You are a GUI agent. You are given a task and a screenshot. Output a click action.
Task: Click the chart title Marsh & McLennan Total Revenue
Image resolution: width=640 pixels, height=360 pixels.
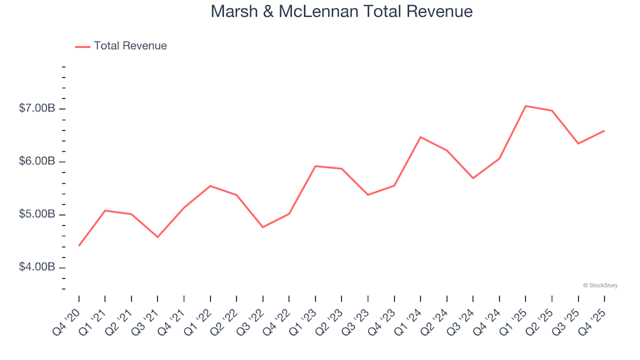pyautogui.click(x=341, y=11)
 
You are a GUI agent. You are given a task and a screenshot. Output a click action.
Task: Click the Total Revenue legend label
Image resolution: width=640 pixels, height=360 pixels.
pyautogui.click(x=130, y=46)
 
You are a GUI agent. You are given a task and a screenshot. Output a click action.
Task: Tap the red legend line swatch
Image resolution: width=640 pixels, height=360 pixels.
pyautogui.click(x=83, y=47)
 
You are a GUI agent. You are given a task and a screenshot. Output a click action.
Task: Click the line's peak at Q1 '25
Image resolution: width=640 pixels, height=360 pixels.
pyautogui.click(x=526, y=106)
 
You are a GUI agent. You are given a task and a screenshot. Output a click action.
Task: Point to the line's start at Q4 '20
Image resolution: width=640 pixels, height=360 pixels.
pyautogui.click(x=79, y=245)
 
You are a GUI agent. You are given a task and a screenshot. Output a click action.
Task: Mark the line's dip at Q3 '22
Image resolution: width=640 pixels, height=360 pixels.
pyautogui.click(x=263, y=227)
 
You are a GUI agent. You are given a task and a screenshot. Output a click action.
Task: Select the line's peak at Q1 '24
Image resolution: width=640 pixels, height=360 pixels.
pyautogui.click(x=421, y=137)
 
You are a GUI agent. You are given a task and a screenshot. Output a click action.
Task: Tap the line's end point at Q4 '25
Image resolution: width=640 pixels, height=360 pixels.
pyautogui.click(x=604, y=131)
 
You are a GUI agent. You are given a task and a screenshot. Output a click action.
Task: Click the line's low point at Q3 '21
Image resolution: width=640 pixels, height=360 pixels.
pyautogui.click(x=158, y=237)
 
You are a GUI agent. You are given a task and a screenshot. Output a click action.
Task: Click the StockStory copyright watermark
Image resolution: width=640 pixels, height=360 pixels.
pyautogui.click(x=600, y=285)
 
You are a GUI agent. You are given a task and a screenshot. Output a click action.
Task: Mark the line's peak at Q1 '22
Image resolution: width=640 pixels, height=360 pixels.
pyautogui.click(x=211, y=186)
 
